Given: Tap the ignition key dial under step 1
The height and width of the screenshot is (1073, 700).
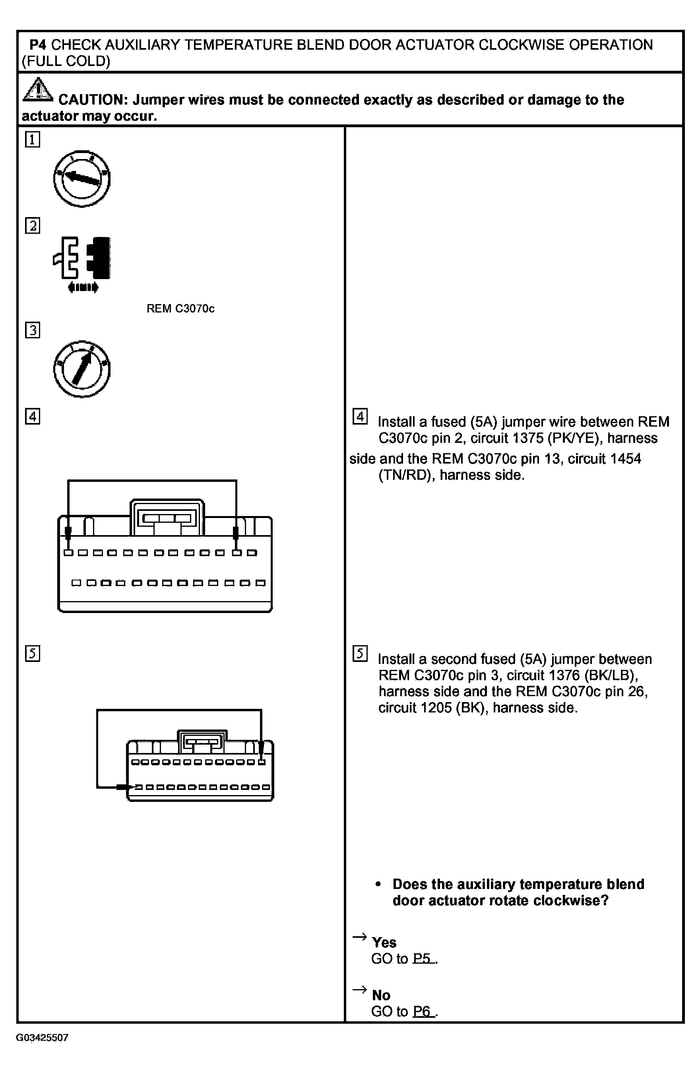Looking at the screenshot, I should point(81,179).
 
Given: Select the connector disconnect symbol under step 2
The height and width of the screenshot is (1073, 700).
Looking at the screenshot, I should point(82,264).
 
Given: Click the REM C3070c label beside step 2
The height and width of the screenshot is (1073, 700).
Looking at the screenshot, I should point(180,309).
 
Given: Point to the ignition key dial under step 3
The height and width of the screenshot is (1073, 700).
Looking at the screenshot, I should point(81,369).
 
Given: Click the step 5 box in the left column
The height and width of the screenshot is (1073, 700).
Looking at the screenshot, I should point(33,653).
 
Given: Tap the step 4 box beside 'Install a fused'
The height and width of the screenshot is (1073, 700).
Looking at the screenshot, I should point(360,416).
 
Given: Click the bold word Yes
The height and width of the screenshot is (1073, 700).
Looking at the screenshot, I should point(384,942).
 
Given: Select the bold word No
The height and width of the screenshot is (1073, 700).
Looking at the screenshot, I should point(381,995).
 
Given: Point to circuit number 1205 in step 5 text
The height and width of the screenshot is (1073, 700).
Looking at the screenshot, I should point(436,708).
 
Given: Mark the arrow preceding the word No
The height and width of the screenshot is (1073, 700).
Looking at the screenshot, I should point(359,990).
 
